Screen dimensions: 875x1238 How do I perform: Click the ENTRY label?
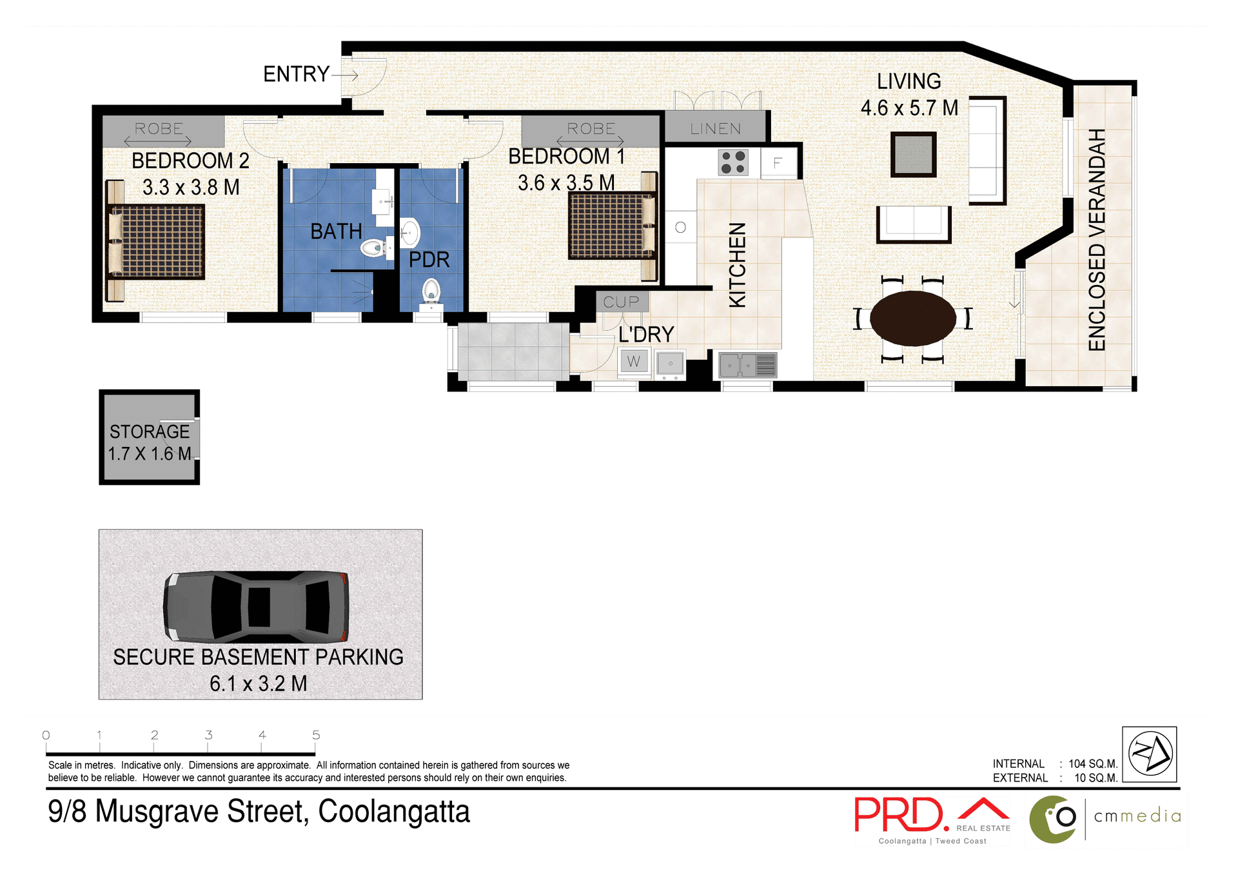coord(296,74)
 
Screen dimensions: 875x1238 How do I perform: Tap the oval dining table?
coord(912,318)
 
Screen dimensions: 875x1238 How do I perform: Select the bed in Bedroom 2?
coord(157,242)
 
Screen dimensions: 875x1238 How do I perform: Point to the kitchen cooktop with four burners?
coord(733,162)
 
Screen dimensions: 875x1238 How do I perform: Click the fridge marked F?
coord(778,163)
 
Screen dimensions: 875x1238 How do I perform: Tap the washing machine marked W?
coord(634,362)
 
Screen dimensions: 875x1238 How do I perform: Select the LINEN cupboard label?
coord(715,129)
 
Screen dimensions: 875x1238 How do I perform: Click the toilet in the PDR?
coord(430,292)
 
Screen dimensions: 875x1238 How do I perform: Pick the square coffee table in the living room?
coord(913,155)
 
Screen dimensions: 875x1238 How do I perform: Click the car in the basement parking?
coord(257,607)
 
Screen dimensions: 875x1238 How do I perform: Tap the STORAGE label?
coord(150,431)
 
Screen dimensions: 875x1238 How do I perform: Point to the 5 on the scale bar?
coord(316,735)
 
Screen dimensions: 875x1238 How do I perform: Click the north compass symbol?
coord(1149,754)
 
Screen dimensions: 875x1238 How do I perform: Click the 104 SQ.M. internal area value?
coord(1092,763)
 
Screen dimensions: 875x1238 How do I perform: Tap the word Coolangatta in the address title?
coord(394,812)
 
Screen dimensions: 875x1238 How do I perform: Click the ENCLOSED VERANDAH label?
coord(1097,240)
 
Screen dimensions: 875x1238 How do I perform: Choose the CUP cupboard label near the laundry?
coord(621,302)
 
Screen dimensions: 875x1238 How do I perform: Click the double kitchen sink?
coord(747,365)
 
